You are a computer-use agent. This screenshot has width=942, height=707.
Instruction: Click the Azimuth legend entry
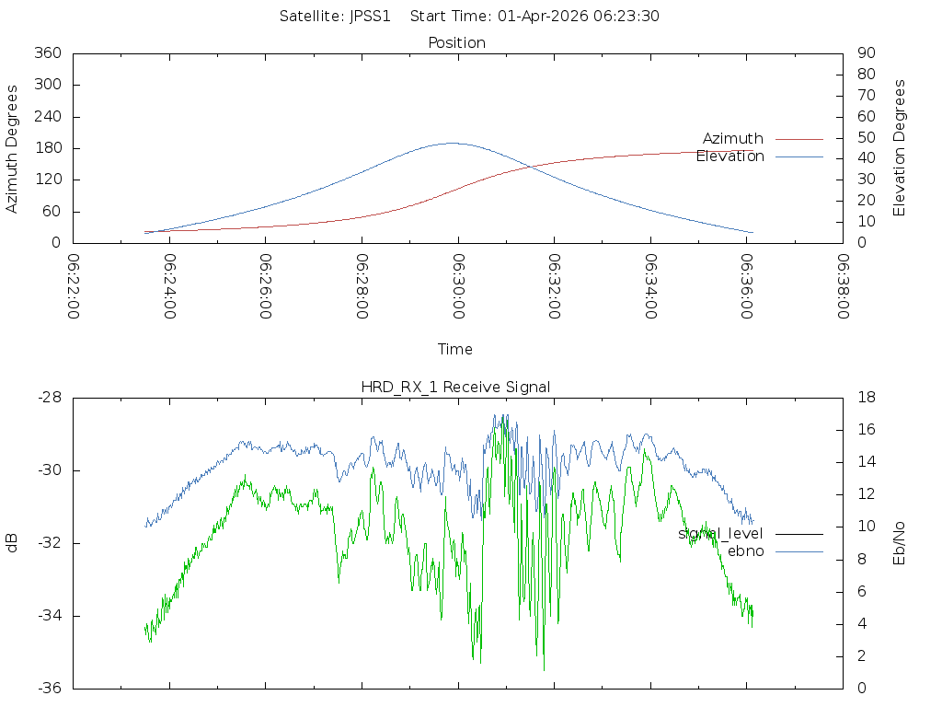click(x=732, y=139)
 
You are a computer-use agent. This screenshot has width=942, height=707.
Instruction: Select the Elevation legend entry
click(x=729, y=156)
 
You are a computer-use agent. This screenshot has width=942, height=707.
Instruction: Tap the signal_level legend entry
click(x=720, y=534)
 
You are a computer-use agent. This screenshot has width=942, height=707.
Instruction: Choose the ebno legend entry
click(x=745, y=551)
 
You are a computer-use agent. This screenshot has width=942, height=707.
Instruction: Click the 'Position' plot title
click(x=456, y=43)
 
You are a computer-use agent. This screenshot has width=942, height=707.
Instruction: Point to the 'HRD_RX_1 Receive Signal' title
click(x=455, y=388)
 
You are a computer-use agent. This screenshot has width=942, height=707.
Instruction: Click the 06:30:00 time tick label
click(x=457, y=286)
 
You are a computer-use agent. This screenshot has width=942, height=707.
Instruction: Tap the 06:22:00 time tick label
click(x=73, y=286)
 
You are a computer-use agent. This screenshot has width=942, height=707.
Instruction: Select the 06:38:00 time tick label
click(x=842, y=286)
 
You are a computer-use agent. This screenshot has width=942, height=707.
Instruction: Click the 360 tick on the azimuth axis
click(x=48, y=53)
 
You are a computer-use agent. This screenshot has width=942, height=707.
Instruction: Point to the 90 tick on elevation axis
click(x=865, y=53)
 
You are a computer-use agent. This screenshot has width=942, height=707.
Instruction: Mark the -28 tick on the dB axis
click(x=48, y=398)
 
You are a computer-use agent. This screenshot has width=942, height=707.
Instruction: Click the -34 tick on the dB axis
click(x=48, y=616)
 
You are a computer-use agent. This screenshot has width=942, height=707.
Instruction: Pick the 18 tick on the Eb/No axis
click(x=865, y=398)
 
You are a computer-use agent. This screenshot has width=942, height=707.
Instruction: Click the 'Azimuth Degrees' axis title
click(x=13, y=148)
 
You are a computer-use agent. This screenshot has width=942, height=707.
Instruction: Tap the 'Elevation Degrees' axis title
click(x=900, y=148)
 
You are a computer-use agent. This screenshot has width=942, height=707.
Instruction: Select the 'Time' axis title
click(x=455, y=350)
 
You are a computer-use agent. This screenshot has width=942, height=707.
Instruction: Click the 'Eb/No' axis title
click(x=900, y=543)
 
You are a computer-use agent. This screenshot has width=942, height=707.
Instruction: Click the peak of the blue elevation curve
click(x=450, y=143)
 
